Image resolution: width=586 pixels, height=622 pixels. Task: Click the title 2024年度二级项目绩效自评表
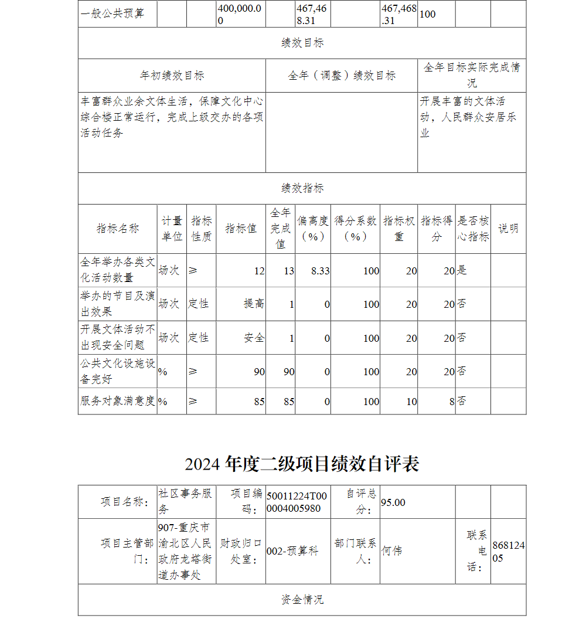pyautogui.click(x=302, y=464)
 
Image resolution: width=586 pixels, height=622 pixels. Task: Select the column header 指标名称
pyautogui.click(x=118, y=229)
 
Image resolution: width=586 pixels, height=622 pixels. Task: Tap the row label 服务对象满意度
pyautogui.click(x=117, y=402)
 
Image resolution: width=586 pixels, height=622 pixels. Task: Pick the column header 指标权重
pyautogui.click(x=399, y=229)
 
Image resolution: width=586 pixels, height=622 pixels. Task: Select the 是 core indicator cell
pyautogui.click(x=462, y=270)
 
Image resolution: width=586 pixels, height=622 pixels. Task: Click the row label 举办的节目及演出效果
pyautogui.click(x=117, y=304)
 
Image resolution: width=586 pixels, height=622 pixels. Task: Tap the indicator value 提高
pyautogui.click(x=254, y=304)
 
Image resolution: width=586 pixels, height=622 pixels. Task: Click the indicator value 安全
pyautogui.click(x=254, y=338)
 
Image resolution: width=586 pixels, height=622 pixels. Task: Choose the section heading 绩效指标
pyautogui.click(x=302, y=188)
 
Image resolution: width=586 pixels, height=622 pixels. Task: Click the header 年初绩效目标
pyautogui.click(x=172, y=76)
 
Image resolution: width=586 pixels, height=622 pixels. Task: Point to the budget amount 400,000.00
pyautogui.click(x=240, y=13)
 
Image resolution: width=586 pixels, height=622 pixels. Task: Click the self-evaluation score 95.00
pyautogui.click(x=393, y=502)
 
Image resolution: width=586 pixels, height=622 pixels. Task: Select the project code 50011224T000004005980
pyautogui.click(x=297, y=502)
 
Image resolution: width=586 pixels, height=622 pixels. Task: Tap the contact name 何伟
pyautogui.click(x=391, y=551)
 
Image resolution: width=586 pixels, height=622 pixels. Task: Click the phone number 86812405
pyautogui.click(x=508, y=552)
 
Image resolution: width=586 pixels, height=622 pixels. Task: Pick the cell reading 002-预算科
pyautogui.click(x=292, y=551)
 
